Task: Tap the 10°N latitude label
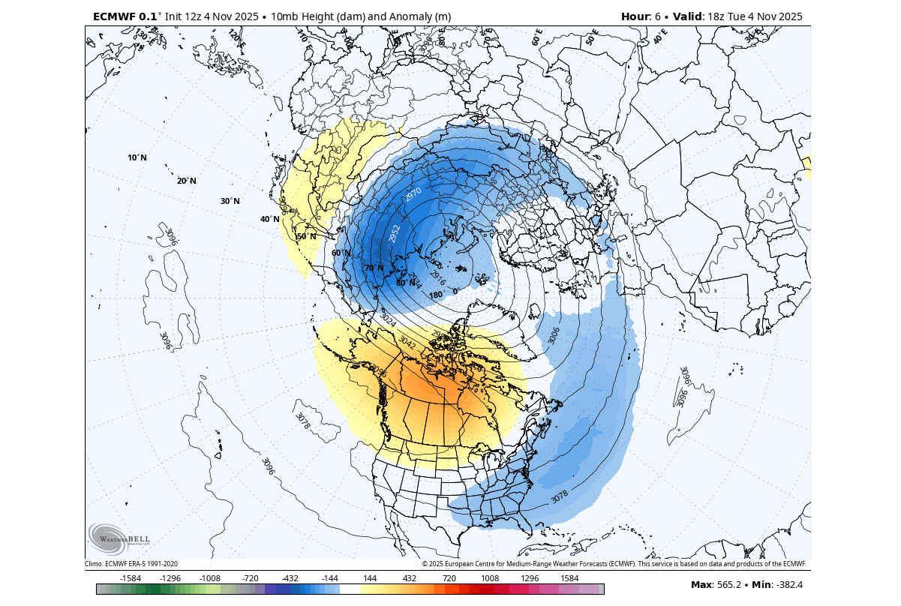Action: [x=137, y=158]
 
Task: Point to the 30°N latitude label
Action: [x=230, y=201]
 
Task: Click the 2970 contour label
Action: [x=413, y=194]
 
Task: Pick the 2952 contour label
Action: [x=395, y=233]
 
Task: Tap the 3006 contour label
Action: [x=554, y=335]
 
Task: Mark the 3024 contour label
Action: [x=388, y=319]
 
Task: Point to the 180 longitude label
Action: [x=435, y=295]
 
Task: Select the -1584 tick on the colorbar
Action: [x=131, y=578]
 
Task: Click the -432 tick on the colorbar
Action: [x=290, y=578]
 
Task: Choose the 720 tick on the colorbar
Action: [x=449, y=578]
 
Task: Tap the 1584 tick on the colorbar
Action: [x=569, y=578]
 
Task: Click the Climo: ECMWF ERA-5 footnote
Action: [x=131, y=564]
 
